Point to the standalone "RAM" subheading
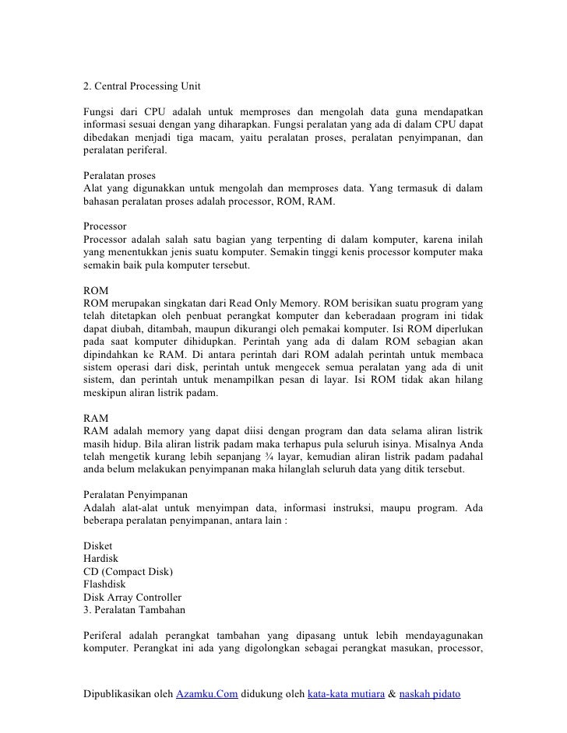pos(95,418)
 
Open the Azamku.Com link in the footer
pos(206,694)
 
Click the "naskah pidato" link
pos(431,694)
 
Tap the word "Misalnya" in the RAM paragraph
pos(436,444)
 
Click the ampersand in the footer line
pos(392,694)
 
